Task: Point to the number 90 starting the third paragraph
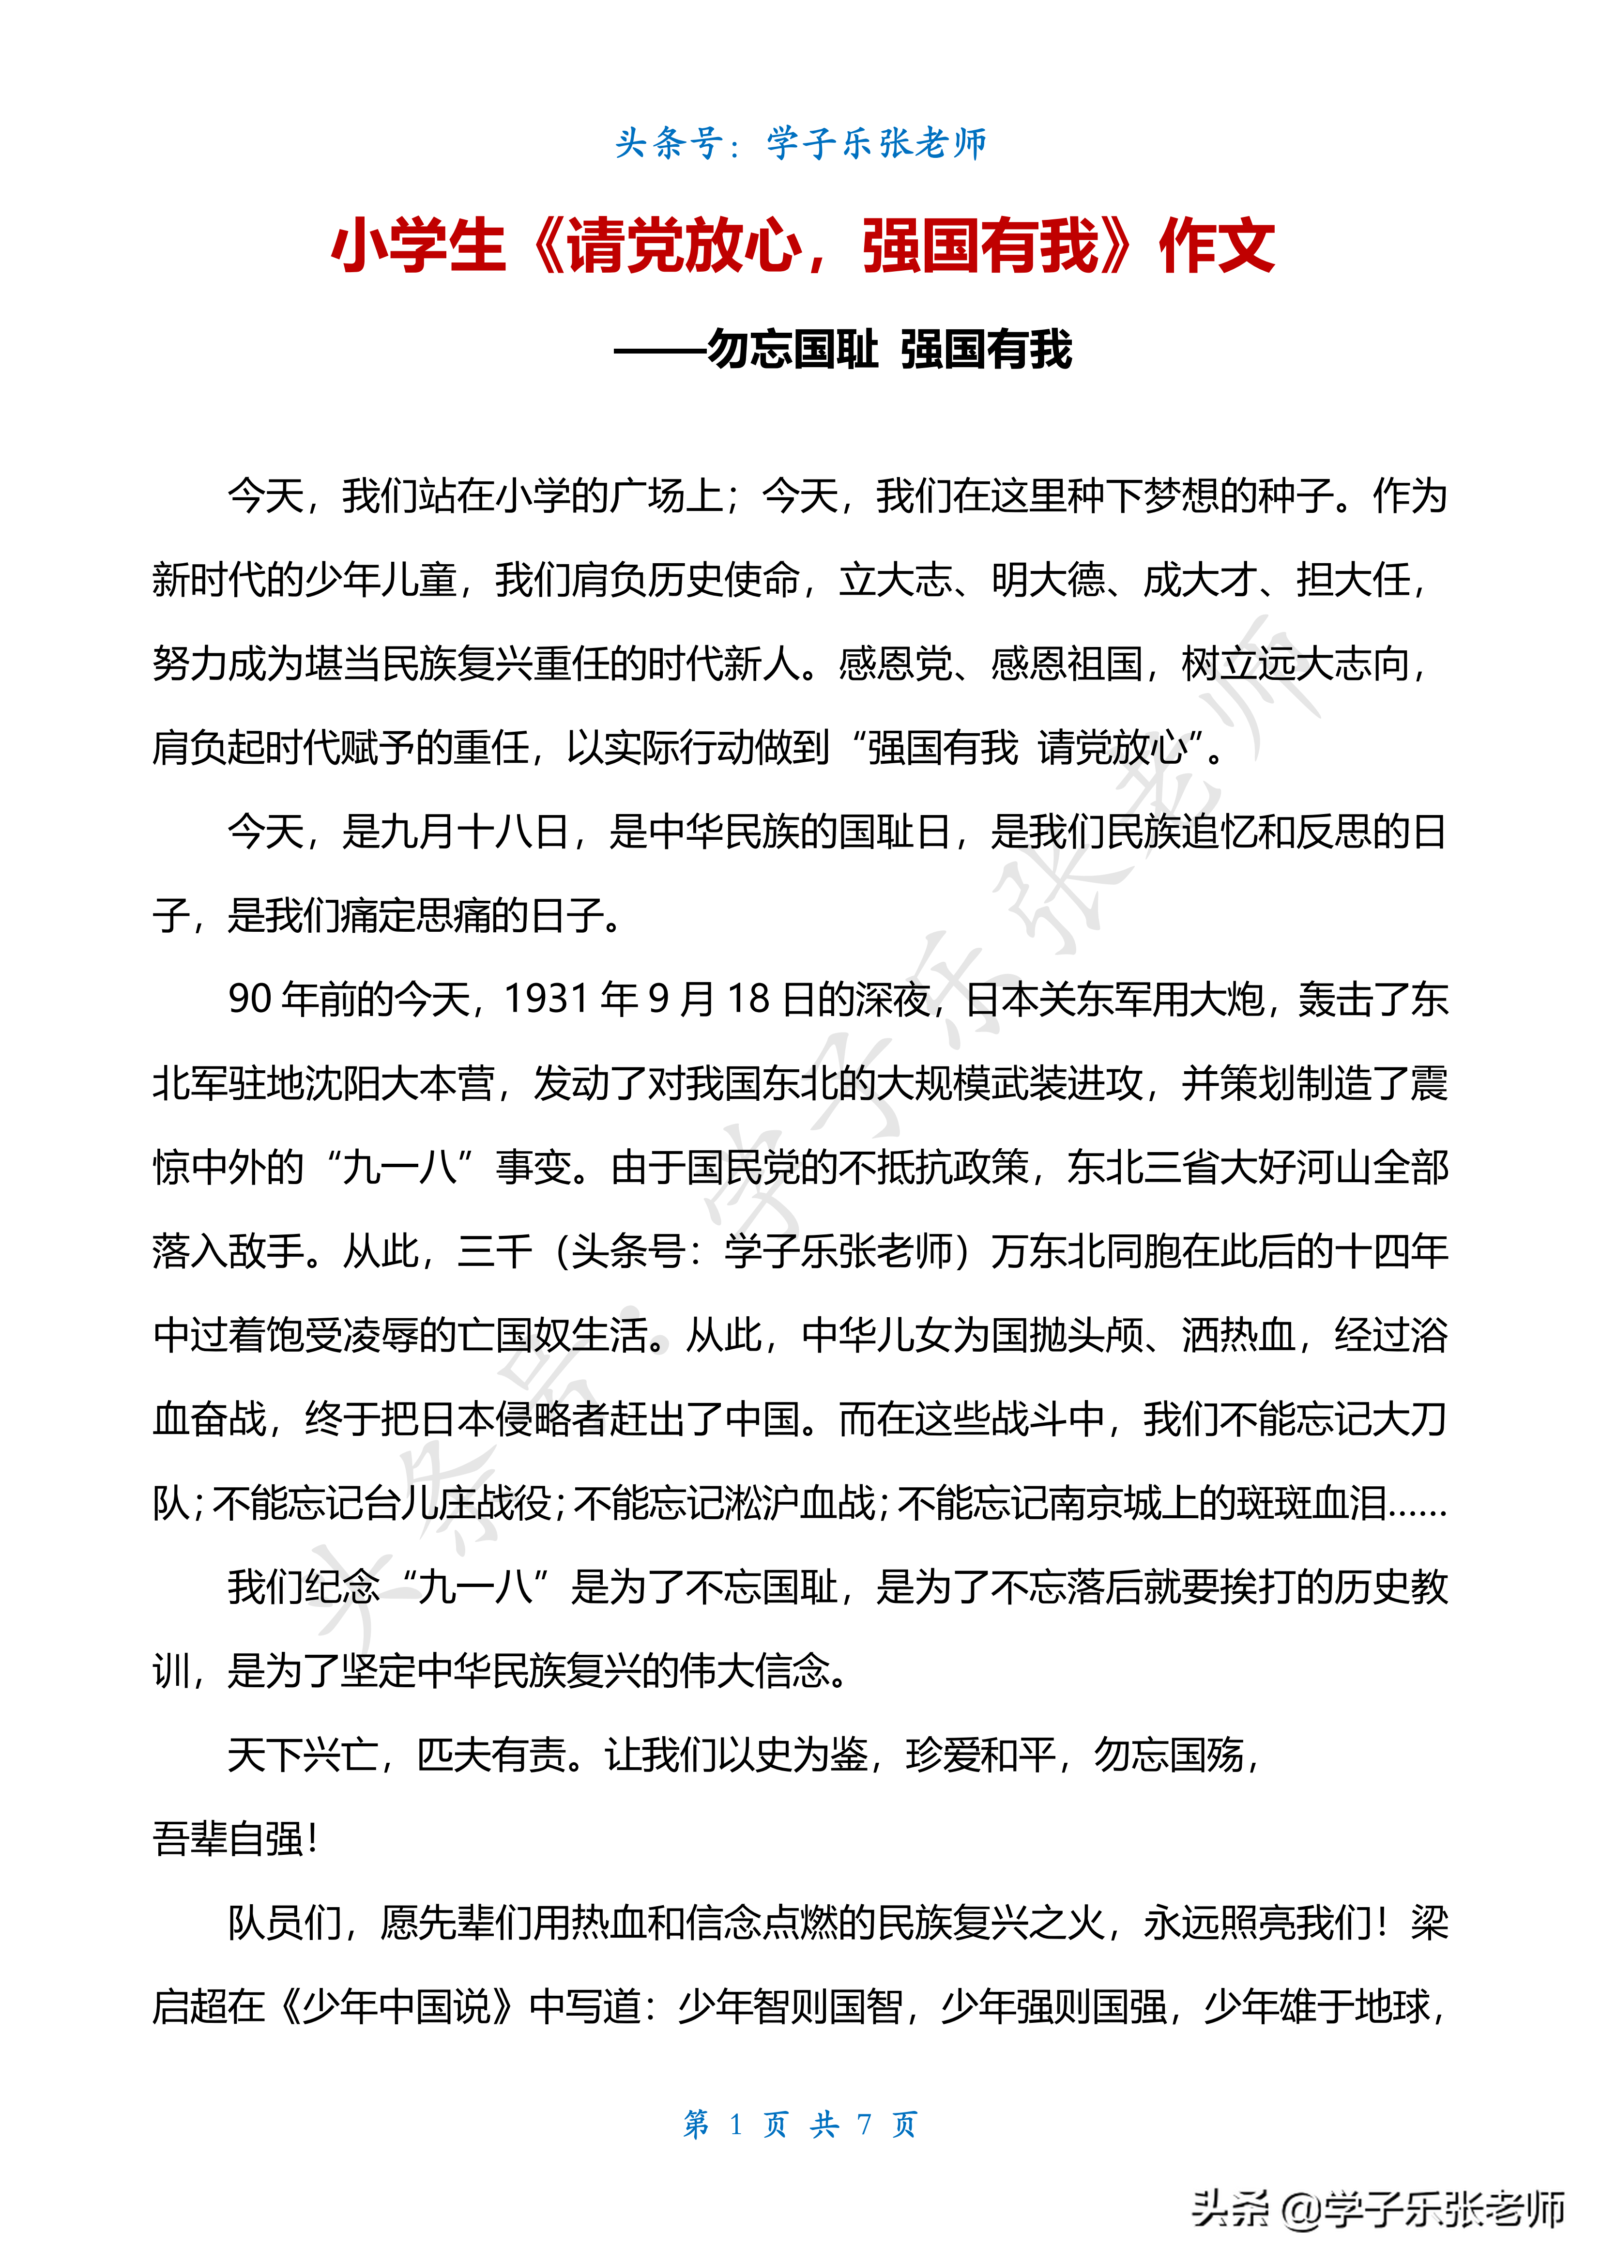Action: point(250,1000)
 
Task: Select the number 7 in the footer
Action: point(864,2124)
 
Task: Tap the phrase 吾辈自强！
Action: point(235,1839)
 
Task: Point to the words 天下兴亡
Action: point(303,1755)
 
